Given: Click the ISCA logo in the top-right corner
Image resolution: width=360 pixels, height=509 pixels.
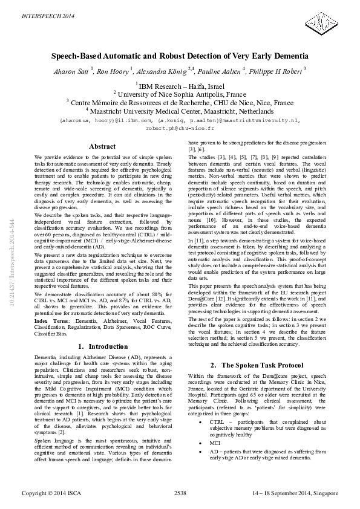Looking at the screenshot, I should [324, 21].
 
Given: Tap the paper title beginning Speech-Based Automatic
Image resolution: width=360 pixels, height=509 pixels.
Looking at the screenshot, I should [180, 55].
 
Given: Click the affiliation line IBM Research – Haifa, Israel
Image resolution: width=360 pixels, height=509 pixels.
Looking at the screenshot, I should [180, 86].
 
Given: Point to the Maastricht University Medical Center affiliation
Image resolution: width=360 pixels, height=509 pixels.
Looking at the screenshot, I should [180, 111].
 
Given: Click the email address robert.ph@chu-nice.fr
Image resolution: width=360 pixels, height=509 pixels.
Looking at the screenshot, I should [180, 129].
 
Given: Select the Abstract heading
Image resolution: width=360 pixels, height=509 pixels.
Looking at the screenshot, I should [102, 147].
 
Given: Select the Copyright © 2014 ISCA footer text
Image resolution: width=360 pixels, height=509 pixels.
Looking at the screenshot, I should [51, 493].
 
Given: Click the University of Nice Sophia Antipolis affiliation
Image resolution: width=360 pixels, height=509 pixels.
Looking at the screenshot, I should [180, 94].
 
